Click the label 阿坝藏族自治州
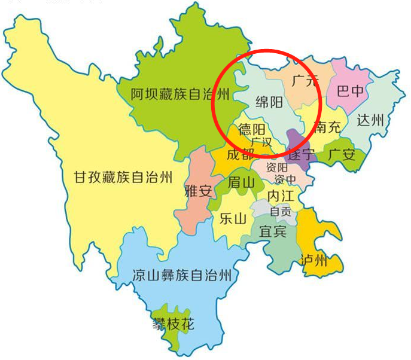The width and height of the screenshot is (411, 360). [181, 93]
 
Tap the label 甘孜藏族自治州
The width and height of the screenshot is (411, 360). [123, 178]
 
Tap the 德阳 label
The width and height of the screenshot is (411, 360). [252, 129]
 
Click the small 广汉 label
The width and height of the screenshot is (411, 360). [261, 142]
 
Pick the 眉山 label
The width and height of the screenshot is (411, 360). [241, 182]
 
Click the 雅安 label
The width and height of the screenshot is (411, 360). [198, 192]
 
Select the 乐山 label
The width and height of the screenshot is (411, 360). [233, 219]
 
